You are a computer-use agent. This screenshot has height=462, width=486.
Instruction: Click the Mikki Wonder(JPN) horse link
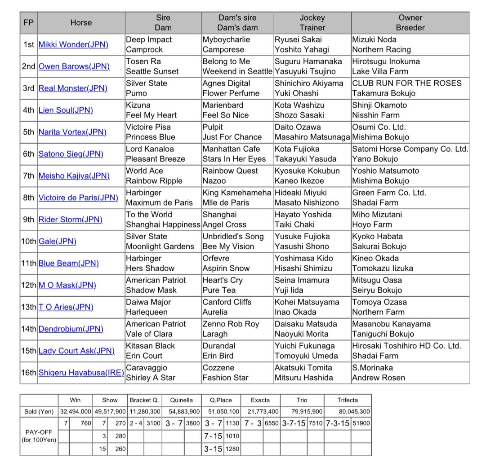pos(73,44)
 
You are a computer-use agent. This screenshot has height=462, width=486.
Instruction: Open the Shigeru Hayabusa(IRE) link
pos(81,373)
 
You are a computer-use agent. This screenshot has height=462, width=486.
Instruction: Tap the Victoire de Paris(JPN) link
pos(78,198)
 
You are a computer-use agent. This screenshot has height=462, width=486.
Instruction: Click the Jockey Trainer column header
pos(312,22)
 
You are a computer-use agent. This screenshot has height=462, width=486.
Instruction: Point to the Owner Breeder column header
pos(410,22)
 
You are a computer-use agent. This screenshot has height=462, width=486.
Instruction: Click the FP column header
pos(28,22)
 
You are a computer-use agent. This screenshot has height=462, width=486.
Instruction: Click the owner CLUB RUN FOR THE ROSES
pos(406,83)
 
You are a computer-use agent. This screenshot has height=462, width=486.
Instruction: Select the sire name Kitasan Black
pos(150,346)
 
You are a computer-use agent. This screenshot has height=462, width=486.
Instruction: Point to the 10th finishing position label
pos(29,242)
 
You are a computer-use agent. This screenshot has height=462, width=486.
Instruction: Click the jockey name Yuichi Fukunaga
pos(304,346)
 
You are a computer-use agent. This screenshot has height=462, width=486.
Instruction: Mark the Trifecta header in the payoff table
pos(348,400)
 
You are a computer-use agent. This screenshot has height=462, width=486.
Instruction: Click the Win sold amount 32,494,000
pos(75,411)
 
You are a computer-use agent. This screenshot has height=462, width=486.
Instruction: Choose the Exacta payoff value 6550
pos(271,423)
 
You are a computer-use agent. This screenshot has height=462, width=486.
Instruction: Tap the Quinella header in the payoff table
pos(182,400)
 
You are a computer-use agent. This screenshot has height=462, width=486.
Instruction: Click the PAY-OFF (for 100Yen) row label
pos(39,436)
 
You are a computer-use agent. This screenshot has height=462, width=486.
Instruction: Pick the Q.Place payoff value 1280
pos(232,449)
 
